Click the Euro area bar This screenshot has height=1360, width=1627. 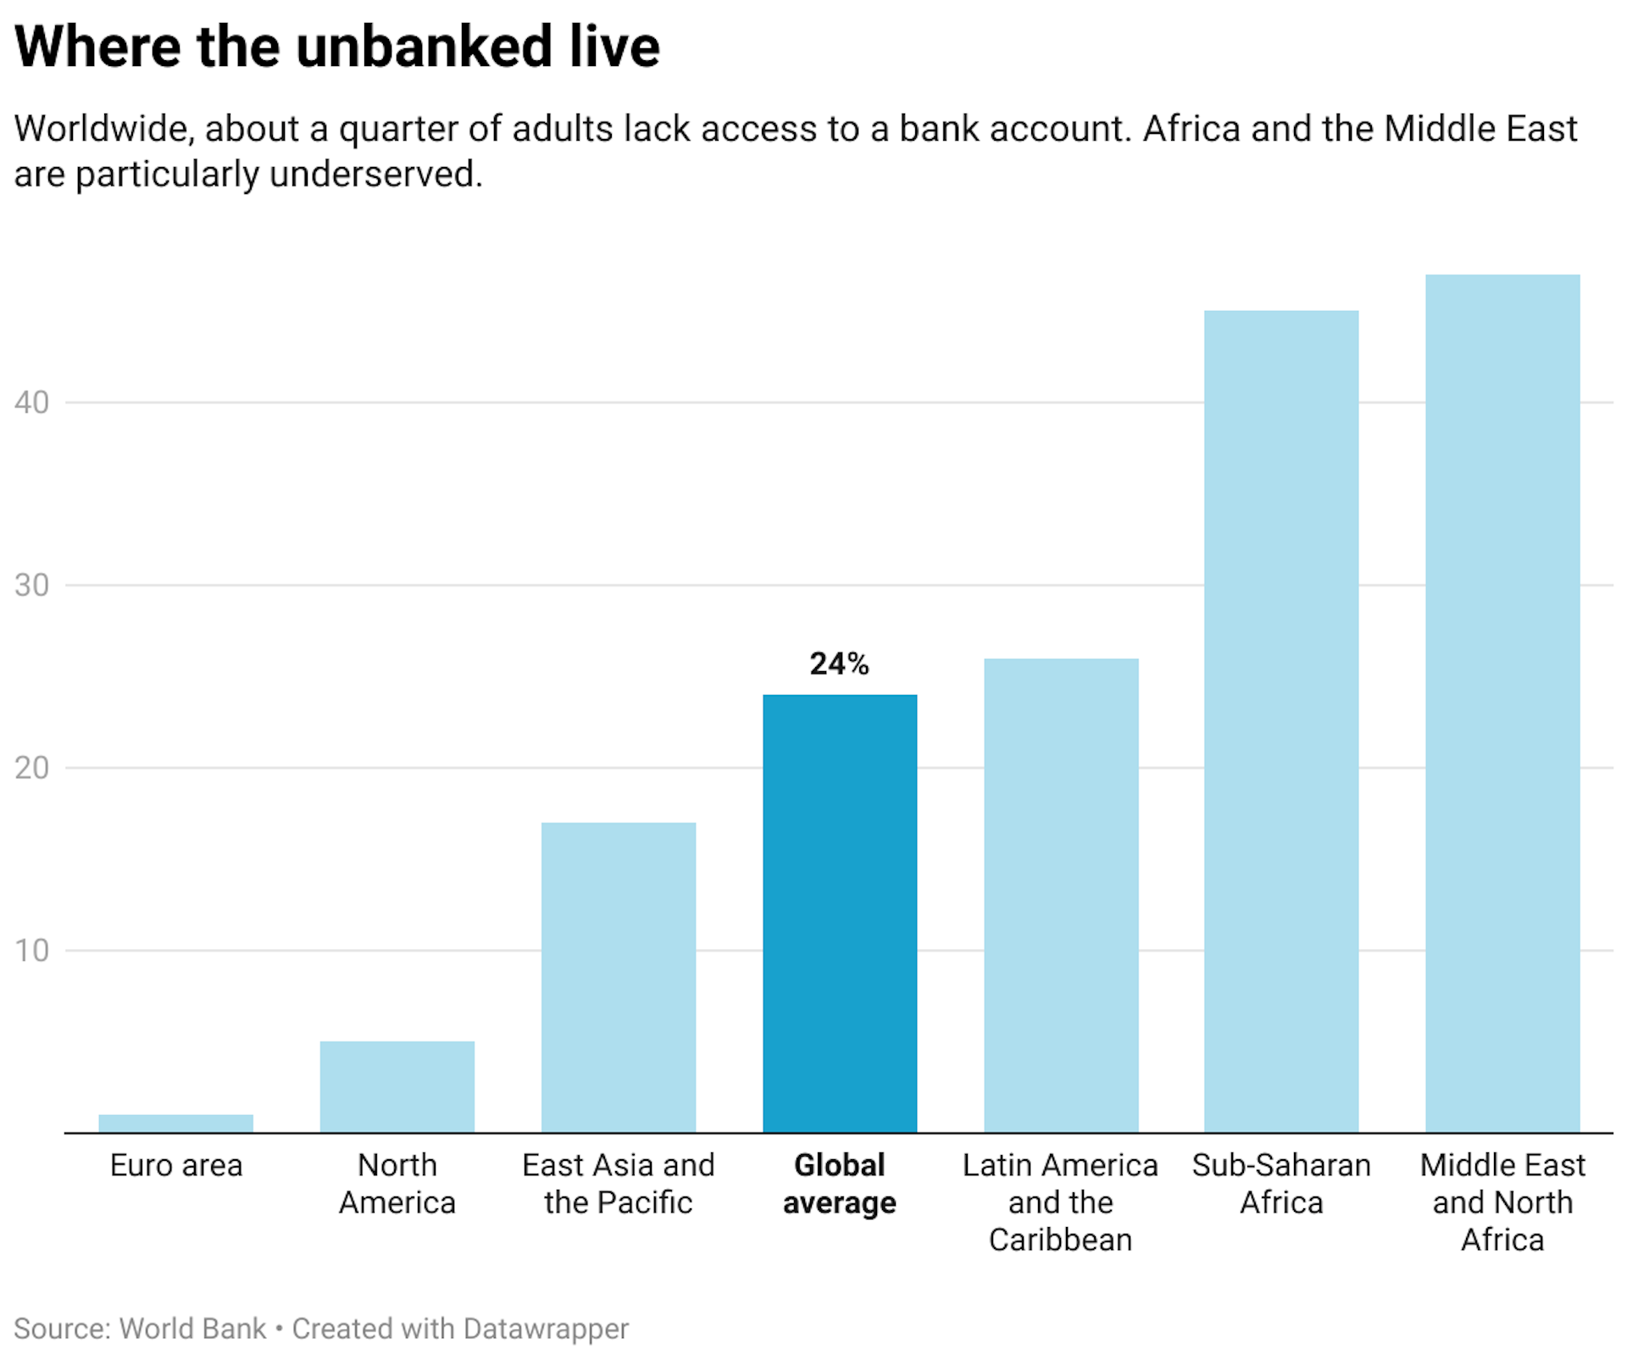[x=175, y=1123]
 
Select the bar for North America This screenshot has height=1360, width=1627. [x=397, y=1086]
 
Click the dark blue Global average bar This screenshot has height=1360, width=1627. [x=839, y=913]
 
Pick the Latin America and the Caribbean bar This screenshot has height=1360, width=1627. [x=1060, y=895]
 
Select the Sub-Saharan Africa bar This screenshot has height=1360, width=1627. [x=1280, y=721]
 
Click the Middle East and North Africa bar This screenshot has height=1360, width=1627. [x=1502, y=703]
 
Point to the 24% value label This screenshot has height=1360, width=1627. [x=839, y=663]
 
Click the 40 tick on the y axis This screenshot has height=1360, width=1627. [x=32, y=402]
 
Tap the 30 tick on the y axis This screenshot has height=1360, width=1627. [x=32, y=585]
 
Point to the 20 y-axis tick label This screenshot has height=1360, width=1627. [x=32, y=768]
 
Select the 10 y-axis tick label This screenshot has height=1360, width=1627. [x=32, y=950]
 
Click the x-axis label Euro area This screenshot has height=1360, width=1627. [x=175, y=1165]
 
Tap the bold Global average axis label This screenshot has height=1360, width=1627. [x=839, y=1184]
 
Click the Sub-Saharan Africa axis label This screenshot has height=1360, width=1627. [x=1280, y=1184]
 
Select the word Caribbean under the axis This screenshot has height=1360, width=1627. [x=1060, y=1240]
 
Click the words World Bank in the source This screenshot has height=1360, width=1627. [x=192, y=1328]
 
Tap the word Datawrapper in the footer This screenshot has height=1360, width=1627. [x=546, y=1328]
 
